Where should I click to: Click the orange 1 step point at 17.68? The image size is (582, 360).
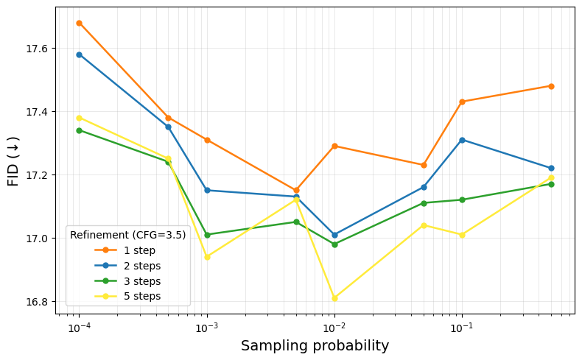pos(79,23)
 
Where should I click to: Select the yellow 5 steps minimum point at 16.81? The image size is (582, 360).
pos(334,298)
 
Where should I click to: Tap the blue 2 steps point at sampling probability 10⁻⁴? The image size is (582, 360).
pos(79,54)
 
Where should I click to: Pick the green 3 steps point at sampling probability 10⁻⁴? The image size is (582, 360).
pos(79,130)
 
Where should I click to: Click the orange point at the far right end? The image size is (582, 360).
pos(551,86)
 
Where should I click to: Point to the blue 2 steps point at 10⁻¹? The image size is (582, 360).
pos(462,140)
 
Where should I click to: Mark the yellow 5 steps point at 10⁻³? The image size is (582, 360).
pos(207,257)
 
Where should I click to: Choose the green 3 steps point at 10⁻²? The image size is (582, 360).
pos(334,244)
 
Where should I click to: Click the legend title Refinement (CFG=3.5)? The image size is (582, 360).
pos(127,235)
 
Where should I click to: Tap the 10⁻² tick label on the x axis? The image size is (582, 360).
pos(334,327)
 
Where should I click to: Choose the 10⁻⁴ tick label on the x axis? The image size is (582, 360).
pos(79,327)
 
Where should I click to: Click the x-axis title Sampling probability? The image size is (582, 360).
pos(315,346)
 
